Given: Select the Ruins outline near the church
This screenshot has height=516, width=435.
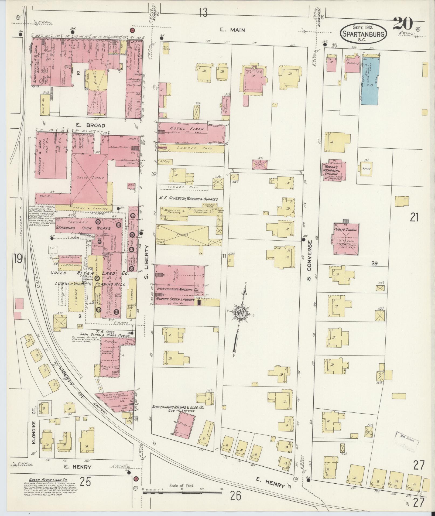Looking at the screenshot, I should [367, 169].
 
